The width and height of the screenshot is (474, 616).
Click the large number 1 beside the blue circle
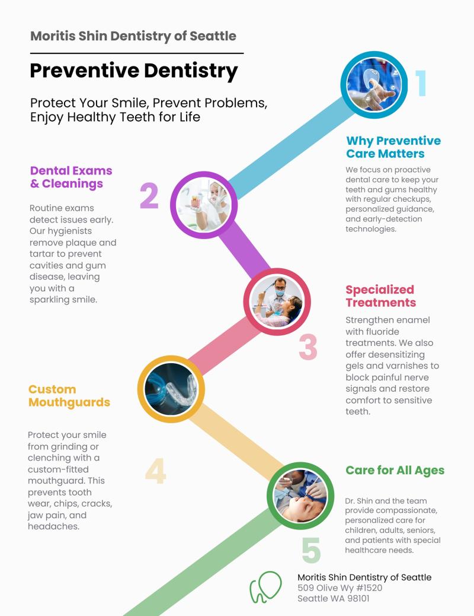[421, 83]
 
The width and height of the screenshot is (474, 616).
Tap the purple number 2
[149, 195]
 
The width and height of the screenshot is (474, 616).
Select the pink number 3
[308, 347]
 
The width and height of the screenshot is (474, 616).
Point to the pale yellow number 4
[155, 471]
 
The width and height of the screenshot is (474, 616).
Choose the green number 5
[311, 550]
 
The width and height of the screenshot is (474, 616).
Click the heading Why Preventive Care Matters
[393, 147]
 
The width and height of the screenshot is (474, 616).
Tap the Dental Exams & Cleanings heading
[71, 177]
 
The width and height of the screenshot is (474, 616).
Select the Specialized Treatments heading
[380, 296]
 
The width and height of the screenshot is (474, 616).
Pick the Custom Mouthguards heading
[69, 396]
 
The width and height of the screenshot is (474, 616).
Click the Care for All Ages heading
[395, 470]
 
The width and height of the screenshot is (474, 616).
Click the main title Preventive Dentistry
[134, 71]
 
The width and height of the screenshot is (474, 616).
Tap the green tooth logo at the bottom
[265, 587]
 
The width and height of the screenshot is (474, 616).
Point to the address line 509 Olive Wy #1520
[340, 588]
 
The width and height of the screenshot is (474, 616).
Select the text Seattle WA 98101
[333, 598]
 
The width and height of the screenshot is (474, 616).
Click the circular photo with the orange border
[171, 389]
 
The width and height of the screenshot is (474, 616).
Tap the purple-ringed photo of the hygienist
[204, 205]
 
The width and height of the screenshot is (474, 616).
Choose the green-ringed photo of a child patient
[300, 496]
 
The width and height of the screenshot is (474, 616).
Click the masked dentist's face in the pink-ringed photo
[280, 288]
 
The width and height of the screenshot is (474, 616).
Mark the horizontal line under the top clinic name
[137, 53]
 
